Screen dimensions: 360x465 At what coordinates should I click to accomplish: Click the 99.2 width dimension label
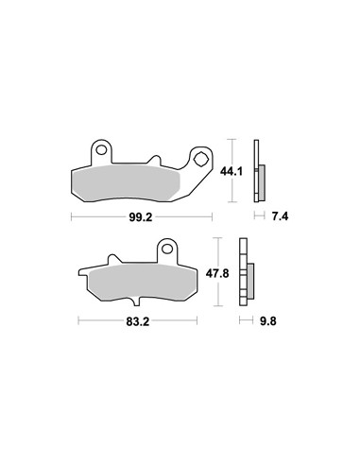click(141, 217)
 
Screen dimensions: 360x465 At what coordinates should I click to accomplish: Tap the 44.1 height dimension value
click(231, 172)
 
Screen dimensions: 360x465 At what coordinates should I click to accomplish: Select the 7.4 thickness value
click(280, 216)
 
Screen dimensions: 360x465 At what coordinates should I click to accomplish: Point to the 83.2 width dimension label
click(138, 321)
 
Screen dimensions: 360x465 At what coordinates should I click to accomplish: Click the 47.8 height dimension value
click(217, 273)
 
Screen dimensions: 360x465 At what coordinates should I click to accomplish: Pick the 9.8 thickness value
click(268, 321)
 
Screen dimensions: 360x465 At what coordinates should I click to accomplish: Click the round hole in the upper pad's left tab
click(101, 150)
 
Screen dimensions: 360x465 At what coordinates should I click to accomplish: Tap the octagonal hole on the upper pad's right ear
click(200, 159)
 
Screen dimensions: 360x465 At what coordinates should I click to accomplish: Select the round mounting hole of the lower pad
click(167, 249)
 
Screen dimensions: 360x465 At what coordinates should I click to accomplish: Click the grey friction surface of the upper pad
click(126, 182)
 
